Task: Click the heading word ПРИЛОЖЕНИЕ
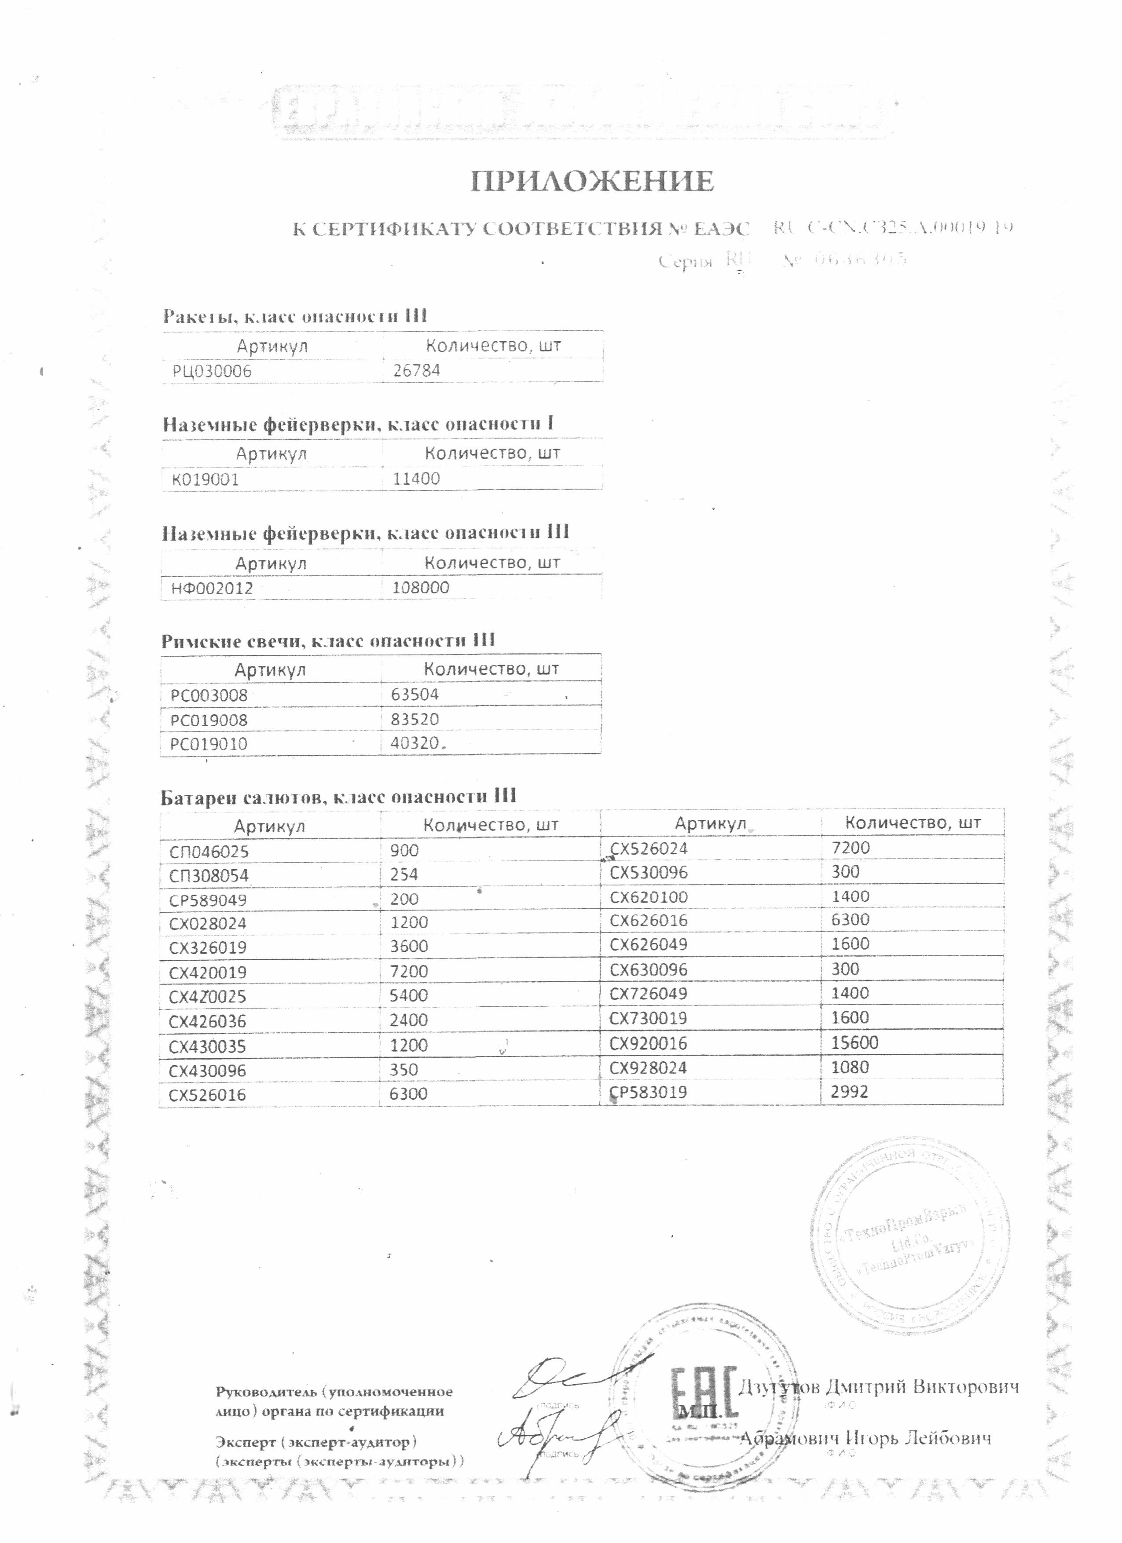coord(592,182)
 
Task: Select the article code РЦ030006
coord(212,371)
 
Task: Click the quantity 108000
coord(421,588)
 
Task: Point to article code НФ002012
coord(212,589)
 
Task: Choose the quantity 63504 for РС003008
coord(415,695)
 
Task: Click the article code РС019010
coord(208,744)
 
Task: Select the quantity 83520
coord(415,719)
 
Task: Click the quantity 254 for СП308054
coord(404,875)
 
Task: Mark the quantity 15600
coord(855,1042)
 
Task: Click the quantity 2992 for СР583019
coord(851,1092)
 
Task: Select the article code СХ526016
coord(208,1095)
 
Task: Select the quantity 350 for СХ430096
coord(404,1070)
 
